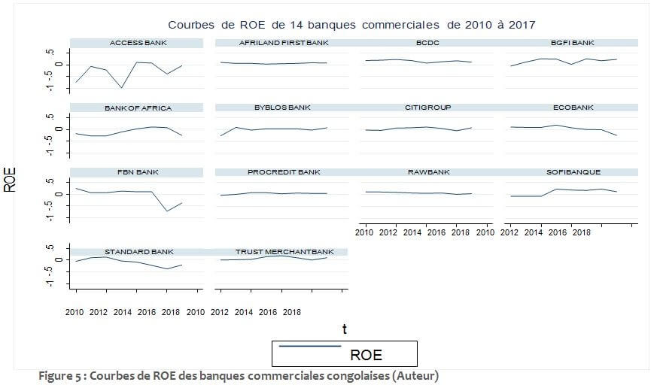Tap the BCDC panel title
pyautogui.click(x=427, y=43)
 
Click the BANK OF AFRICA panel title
pyautogui.click(x=138, y=108)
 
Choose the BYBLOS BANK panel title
pyautogui.click(x=282, y=108)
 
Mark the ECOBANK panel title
pyautogui.click(x=573, y=108)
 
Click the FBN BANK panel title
pyautogui.click(x=137, y=173)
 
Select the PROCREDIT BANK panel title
pyautogui.click(x=282, y=173)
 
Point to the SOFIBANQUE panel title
pyautogui.click(x=573, y=173)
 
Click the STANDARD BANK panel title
pyautogui.click(x=137, y=252)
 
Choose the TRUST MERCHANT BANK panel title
pyautogui.click(x=284, y=252)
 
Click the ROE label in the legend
pyautogui.click(x=366, y=355)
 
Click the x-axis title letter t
pyautogui.click(x=344, y=329)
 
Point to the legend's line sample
pyautogui.click(x=309, y=346)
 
